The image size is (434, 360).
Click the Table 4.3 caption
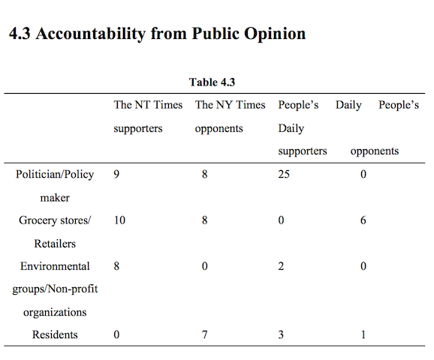pos(212,82)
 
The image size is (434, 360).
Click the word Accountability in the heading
pos(91,34)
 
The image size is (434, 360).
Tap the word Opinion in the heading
pos(275,34)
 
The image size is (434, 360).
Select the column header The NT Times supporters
pos(148,116)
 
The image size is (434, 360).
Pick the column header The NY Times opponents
pos(230,116)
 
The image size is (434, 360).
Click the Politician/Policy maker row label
pos(55,186)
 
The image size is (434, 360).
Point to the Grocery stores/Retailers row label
pos(55,232)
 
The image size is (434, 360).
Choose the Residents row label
pos(55,334)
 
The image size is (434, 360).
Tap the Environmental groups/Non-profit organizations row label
pos(55,289)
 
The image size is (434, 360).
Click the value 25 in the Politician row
pos(284,174)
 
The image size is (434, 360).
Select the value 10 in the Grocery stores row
pos(119,220)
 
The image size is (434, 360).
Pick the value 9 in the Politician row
pos(116,174)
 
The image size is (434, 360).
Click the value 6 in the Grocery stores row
pos(363,220)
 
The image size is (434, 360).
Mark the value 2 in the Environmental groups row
pos(281,266)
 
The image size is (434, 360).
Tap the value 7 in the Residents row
pos(204,334)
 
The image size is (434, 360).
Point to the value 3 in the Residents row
pos(281,334)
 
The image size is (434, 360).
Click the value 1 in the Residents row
pos(363,334)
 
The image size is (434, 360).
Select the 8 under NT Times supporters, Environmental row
pos(116,266)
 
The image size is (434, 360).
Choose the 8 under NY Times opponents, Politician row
pos(204,174)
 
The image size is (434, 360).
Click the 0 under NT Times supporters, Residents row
pos(116,334)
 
